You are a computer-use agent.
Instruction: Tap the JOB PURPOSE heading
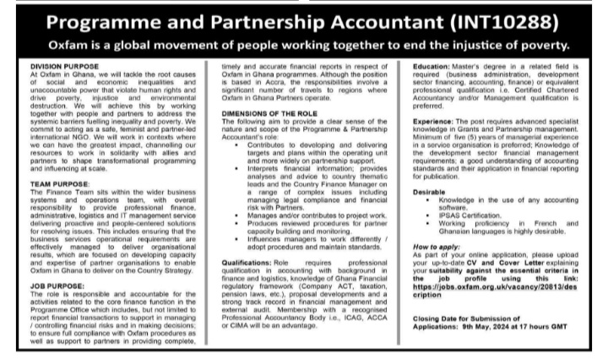50,284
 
